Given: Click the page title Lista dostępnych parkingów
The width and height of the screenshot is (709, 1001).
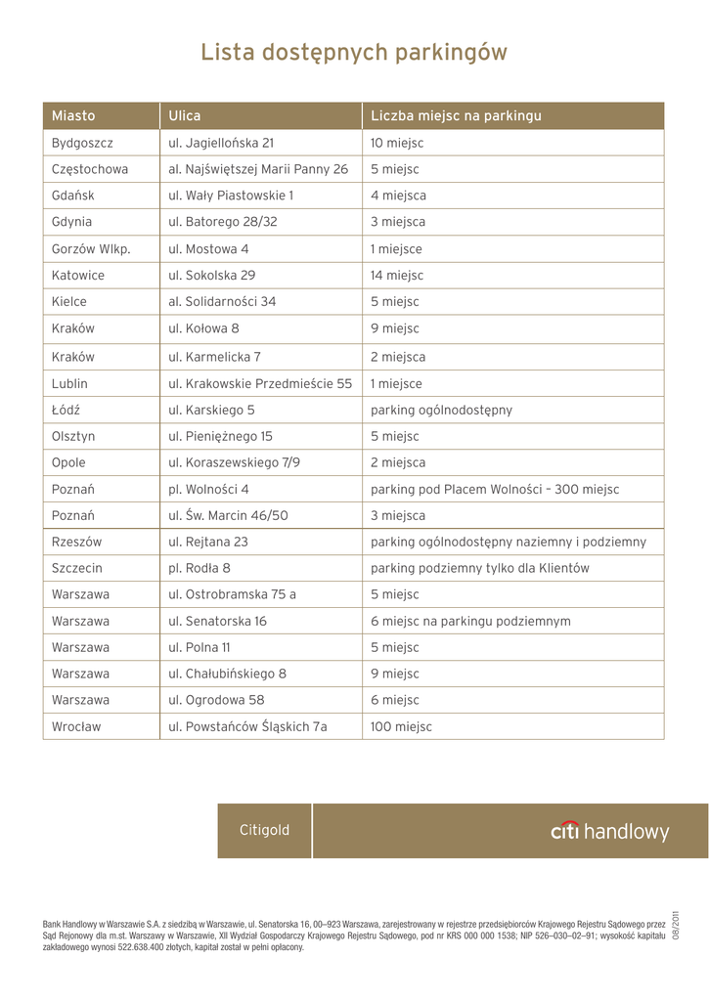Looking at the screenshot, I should pos(354,52).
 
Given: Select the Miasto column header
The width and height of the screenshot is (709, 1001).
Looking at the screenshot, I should pos(73,115).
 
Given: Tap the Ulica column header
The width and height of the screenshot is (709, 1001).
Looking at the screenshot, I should pos(184,115).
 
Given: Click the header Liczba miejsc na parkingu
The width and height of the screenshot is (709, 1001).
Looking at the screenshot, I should pos(456,115).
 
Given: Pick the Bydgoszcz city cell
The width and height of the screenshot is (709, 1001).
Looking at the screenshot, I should pos(83,143).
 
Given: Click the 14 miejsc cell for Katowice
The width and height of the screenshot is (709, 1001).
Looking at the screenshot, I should pos(396,276).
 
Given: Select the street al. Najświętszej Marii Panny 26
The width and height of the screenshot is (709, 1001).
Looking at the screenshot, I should pos(258,169).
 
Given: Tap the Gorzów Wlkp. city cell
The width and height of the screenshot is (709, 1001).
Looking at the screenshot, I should pos(91,249).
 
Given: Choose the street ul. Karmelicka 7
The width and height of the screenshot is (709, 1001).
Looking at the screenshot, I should pos(215,357).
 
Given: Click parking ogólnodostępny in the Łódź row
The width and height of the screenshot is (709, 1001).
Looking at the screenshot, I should pos(441,410).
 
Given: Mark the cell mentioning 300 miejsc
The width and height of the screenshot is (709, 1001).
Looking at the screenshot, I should pos(495,489).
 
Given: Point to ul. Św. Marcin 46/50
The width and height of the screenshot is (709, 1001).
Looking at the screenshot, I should pos(228,515).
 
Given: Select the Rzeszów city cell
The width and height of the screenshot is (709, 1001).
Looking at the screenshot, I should pos(77,542).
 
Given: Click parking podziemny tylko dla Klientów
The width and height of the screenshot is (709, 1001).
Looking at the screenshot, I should pos(480,568).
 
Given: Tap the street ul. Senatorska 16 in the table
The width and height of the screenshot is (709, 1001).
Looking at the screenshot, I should pos(218,621).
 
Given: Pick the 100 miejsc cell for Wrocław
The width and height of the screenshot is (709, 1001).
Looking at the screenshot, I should pos(401,726).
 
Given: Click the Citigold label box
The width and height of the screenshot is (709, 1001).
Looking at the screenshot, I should pos(264,831).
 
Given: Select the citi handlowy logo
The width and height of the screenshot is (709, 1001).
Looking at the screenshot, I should pos(610,832).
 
